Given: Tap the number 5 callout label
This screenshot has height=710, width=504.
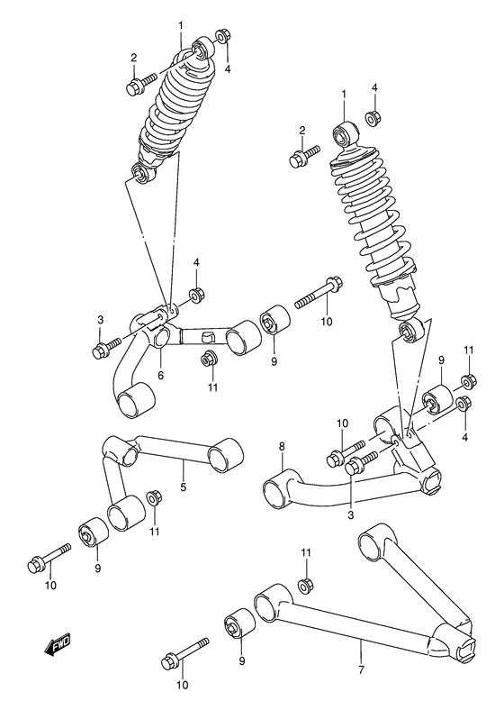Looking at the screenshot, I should [x=183, y=487].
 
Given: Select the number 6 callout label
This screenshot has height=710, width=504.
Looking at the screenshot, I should [x=160, y=375].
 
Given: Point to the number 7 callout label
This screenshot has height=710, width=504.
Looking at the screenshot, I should [x=360, y=669].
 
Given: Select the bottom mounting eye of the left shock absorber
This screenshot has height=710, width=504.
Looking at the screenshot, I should [x=141, y=174].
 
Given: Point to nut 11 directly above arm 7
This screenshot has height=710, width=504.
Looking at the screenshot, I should [x=305, y=586].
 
